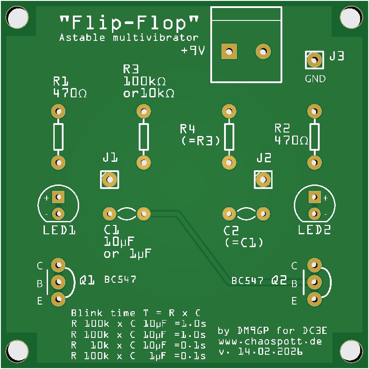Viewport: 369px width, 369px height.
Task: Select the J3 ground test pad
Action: point(314,60)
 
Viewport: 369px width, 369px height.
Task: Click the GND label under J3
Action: point(315,79)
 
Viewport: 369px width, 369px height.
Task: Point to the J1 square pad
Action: point(109,180)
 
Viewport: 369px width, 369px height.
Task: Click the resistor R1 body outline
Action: point(58,136)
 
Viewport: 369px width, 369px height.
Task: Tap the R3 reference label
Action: point(131,69)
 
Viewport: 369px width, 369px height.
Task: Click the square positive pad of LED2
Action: point(314,197)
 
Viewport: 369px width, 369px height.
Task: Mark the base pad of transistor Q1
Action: point(57,282)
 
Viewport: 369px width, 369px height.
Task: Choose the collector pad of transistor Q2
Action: point(314,265)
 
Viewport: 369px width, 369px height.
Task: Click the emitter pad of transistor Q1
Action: point(57,299)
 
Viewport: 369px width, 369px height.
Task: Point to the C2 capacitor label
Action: point(231,231)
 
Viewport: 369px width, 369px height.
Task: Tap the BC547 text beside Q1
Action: point(120,280)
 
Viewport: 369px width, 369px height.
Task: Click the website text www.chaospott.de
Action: point(270,341)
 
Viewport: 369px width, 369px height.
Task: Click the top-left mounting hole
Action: point(18,18)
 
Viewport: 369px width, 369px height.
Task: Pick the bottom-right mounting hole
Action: point(351,351)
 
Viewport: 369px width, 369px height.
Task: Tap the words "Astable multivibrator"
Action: point(128,38)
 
